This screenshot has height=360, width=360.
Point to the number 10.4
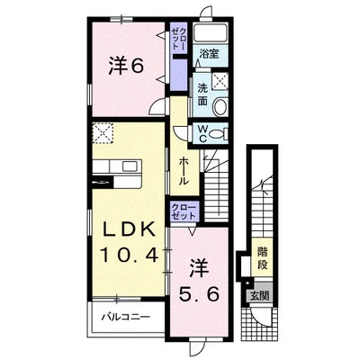pyautogui.click(x=129, y=256)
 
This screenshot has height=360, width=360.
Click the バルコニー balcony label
pyautogui.click(x=125, y=317)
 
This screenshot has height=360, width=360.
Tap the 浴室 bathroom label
pyautogui.click(x=210, y=54)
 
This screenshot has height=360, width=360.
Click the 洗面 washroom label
pyautogui.click(x=202, y=94)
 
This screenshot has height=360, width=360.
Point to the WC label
pyautogui.click(x=203, y=133)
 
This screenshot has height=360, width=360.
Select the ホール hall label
pyautogui.click(x=184, y=171)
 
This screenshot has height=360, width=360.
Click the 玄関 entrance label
pyautogui.click(x=259, y=296)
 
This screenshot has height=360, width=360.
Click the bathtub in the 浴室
pyautogui.click(x=210, y=33)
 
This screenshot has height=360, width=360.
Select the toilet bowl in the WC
pyautogui.click(x=218, y=133)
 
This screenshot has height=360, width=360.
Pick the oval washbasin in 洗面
pyautogui.click(x=220, y=105)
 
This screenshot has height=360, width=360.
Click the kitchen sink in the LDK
pyautogui.click(x=130, y=166)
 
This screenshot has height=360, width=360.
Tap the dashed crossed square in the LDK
pyautogui.click(x=103, y=133)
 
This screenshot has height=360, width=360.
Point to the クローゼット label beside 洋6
pyautogui.click(x=178, y=40)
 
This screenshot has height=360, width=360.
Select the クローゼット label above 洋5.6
pyautogui.click(x=184, y=211)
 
